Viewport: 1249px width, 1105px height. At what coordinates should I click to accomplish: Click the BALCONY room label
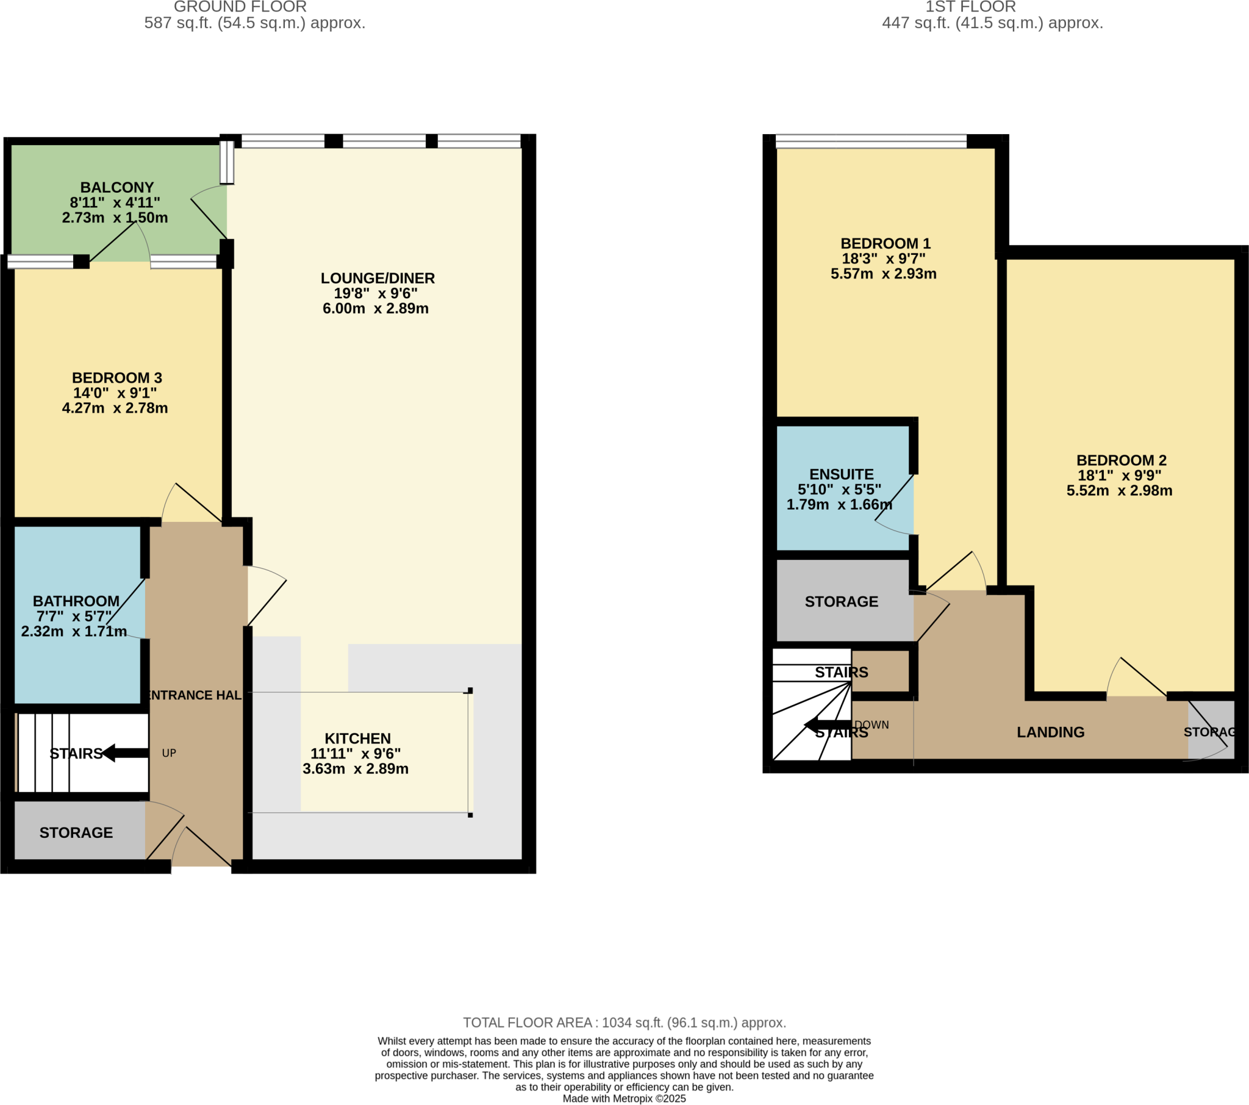(116, 188)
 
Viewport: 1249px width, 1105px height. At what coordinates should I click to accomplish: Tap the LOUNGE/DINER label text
(378, 278)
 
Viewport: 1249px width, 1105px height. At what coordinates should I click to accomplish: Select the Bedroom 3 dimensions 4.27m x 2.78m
(115, 407)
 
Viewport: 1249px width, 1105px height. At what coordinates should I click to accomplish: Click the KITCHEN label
(357, 738)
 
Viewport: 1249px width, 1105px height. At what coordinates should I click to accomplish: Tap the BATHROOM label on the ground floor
(76, 601)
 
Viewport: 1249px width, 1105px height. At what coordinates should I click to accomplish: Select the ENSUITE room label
(842, 474)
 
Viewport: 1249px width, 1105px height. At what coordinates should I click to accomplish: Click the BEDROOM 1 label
(886, 243)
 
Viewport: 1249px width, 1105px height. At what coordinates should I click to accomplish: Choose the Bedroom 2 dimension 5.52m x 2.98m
(1120, 490)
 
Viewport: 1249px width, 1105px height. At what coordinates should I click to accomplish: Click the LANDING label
(1050, 732)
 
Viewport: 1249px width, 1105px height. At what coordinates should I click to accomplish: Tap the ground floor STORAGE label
(76, 832)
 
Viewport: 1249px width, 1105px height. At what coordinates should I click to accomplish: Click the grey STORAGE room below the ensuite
(842, 601)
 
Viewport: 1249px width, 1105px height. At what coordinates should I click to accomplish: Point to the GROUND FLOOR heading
(240, 7)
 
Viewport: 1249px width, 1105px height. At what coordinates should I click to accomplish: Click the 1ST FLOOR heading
(970, 7)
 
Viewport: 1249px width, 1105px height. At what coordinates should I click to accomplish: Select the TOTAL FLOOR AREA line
(624, 1023)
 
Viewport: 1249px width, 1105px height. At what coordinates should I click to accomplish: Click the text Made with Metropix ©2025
(624, 1098)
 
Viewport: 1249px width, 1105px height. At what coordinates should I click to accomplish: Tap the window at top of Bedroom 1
(871, 141)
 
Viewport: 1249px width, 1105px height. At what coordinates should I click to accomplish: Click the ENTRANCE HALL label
(195, 695)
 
